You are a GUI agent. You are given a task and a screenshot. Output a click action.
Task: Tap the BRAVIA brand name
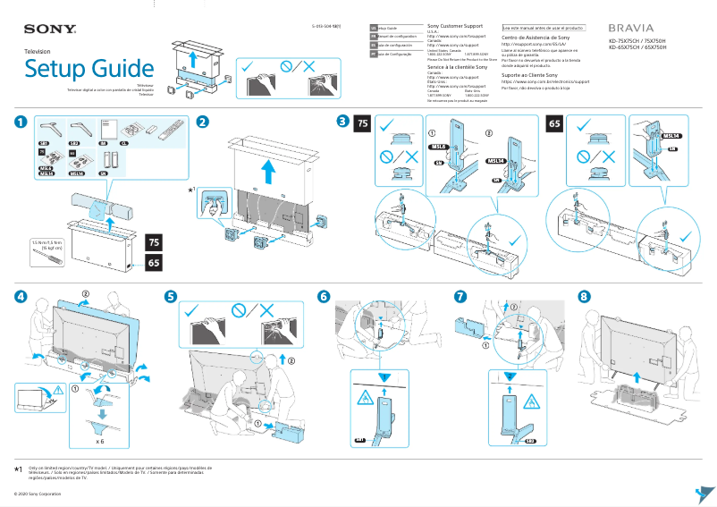[x=631, y=29]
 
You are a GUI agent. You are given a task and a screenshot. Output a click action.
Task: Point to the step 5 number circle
[x=172, y=297]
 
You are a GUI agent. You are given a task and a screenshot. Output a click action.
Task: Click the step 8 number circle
[x=584, y=297]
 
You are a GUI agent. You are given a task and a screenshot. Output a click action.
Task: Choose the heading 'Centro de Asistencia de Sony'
[x=535, y=38]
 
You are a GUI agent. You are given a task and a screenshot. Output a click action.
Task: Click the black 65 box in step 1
[x=154, y=265]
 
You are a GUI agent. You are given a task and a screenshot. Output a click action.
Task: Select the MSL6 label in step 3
[x=438, y=146]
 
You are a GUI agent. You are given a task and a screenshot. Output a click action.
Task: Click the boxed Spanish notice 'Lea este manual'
[x=543, y=28]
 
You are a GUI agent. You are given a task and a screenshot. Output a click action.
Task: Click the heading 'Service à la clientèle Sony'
[x=457, y=67]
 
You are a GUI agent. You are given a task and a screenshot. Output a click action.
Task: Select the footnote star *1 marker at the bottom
[x=18, y=469]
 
